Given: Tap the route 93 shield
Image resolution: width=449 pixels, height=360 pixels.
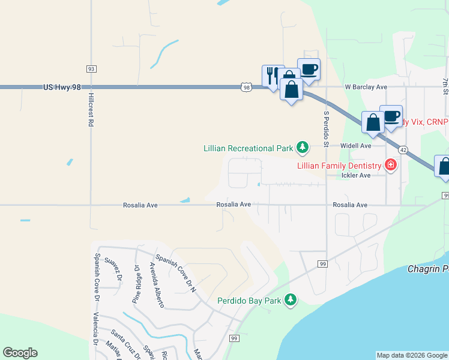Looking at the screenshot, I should click(91, 69).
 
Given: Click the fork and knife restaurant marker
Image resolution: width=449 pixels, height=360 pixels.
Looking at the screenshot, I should click(272, 74).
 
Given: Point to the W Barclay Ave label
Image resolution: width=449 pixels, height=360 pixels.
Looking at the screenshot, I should click(366, 87).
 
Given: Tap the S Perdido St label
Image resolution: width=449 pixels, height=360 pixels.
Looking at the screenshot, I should click(326, 129).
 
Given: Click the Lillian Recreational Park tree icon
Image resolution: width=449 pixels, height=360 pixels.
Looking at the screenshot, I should click(303, 147).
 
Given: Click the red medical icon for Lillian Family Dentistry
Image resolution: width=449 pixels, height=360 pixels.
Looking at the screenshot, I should click(391, 165).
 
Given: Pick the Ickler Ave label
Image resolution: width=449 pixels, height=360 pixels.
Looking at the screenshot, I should click(357, 175).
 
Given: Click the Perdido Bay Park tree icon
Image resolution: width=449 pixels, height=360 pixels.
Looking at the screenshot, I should click(291, 299).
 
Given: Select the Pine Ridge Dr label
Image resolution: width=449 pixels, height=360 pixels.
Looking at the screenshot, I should click(136, 284).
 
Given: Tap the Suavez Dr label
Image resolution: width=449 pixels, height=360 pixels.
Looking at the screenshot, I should click(113, 269).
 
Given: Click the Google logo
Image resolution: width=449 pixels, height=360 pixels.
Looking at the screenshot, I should click(20, 353).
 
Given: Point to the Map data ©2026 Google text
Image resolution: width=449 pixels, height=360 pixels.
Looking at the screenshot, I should click(412, 355).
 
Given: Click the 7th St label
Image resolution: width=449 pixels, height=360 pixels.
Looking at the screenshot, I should click(445, 84).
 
